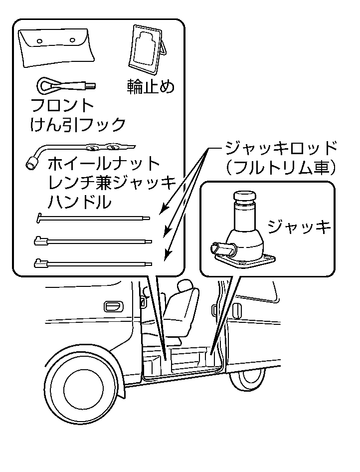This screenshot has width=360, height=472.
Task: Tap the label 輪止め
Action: click(x=151, y=87)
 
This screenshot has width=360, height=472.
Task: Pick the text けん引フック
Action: click(x=78, y=124)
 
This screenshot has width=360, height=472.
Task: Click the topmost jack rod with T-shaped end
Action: click(x=93, y=218)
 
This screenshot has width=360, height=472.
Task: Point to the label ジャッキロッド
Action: click(x=281, y=149)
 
